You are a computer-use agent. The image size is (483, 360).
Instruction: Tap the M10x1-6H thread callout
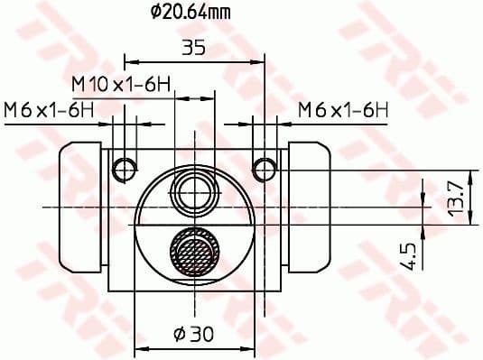coord(123,83)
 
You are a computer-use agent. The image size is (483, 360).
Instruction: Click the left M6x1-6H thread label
coord(49,110)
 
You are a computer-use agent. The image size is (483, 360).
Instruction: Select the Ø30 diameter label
coord(193,335)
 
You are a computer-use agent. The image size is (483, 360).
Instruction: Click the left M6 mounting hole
coord(125,168)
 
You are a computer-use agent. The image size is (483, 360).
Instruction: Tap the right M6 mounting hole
coord(265,168)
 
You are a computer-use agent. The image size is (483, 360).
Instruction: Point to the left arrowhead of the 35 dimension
coord(128,61)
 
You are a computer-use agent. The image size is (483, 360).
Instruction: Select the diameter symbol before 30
coord(177,335)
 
